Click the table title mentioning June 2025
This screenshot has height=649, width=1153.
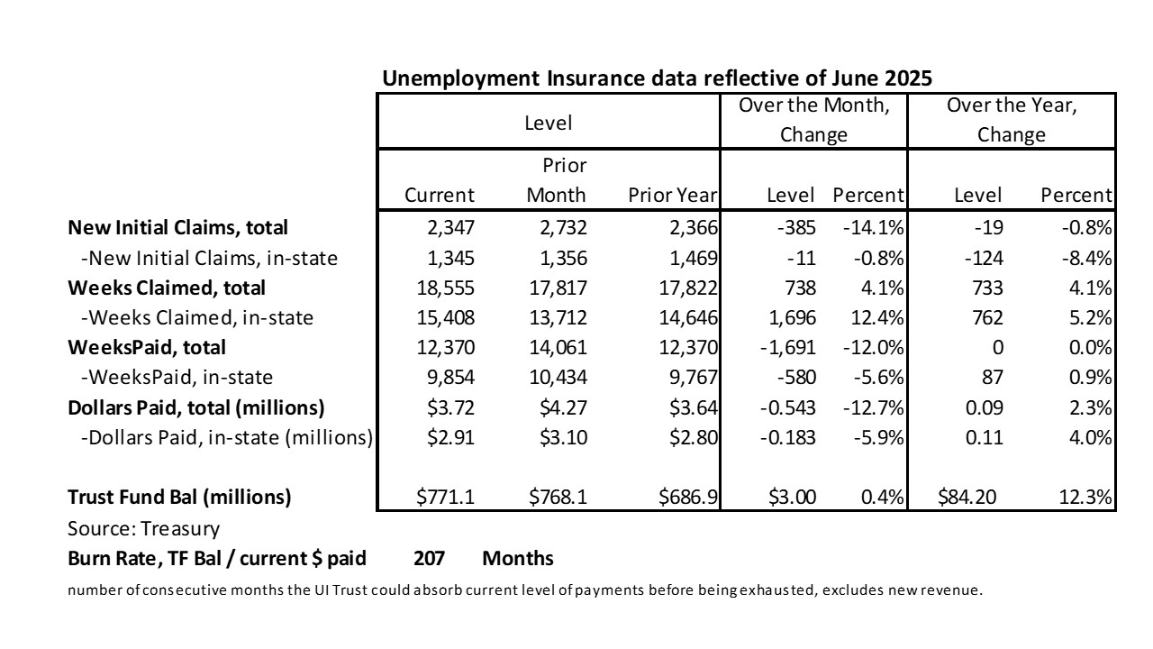pos(657,78)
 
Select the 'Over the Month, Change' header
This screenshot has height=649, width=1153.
pos(813,120)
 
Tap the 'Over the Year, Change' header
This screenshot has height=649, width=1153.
pos(1012,120)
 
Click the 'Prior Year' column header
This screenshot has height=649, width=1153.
pos(672,196)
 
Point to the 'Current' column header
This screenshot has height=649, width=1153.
pos(439,196)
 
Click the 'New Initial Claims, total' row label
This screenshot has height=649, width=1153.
pos(177,228)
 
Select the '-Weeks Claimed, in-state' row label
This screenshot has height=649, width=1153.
pos(197,318)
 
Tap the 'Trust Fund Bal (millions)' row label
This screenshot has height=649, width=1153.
pos(179,497)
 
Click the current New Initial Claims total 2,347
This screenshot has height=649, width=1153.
pos(451,228)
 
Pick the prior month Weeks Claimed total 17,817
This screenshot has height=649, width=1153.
pos(558,288)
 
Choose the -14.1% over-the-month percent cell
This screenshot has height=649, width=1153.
pos(873,228)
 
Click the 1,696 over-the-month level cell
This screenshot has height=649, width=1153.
pos(792,318)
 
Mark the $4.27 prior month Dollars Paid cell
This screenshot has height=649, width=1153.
pos(563,408)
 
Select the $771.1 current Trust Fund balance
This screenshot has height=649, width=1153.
pos(445,497)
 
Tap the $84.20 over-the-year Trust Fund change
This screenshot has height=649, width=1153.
pos(967,497)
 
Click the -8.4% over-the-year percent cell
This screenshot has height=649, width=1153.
pos(1086,258)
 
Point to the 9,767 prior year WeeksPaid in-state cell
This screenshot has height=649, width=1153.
pos(694,378)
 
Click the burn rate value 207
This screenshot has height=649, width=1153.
pos(430,558)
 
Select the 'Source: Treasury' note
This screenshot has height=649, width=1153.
pos(143,529)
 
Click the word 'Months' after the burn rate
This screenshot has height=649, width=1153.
pos(518,558)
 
